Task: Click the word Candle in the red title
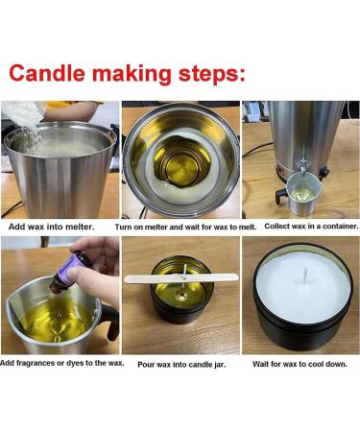(x=47, y=74)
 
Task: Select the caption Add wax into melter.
(x=51, y=227)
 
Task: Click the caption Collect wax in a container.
(x=311, y=227)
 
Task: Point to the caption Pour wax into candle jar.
(x=181, y=365)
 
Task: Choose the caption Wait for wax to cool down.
(x=300, y=364)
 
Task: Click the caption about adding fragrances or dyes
(x=62, y=363)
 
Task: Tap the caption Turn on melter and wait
(x=185, y=228)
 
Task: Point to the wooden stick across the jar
(x=181, y=278)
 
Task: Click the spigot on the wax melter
(x=302, y=167)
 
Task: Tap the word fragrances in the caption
(x=36, y=363)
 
